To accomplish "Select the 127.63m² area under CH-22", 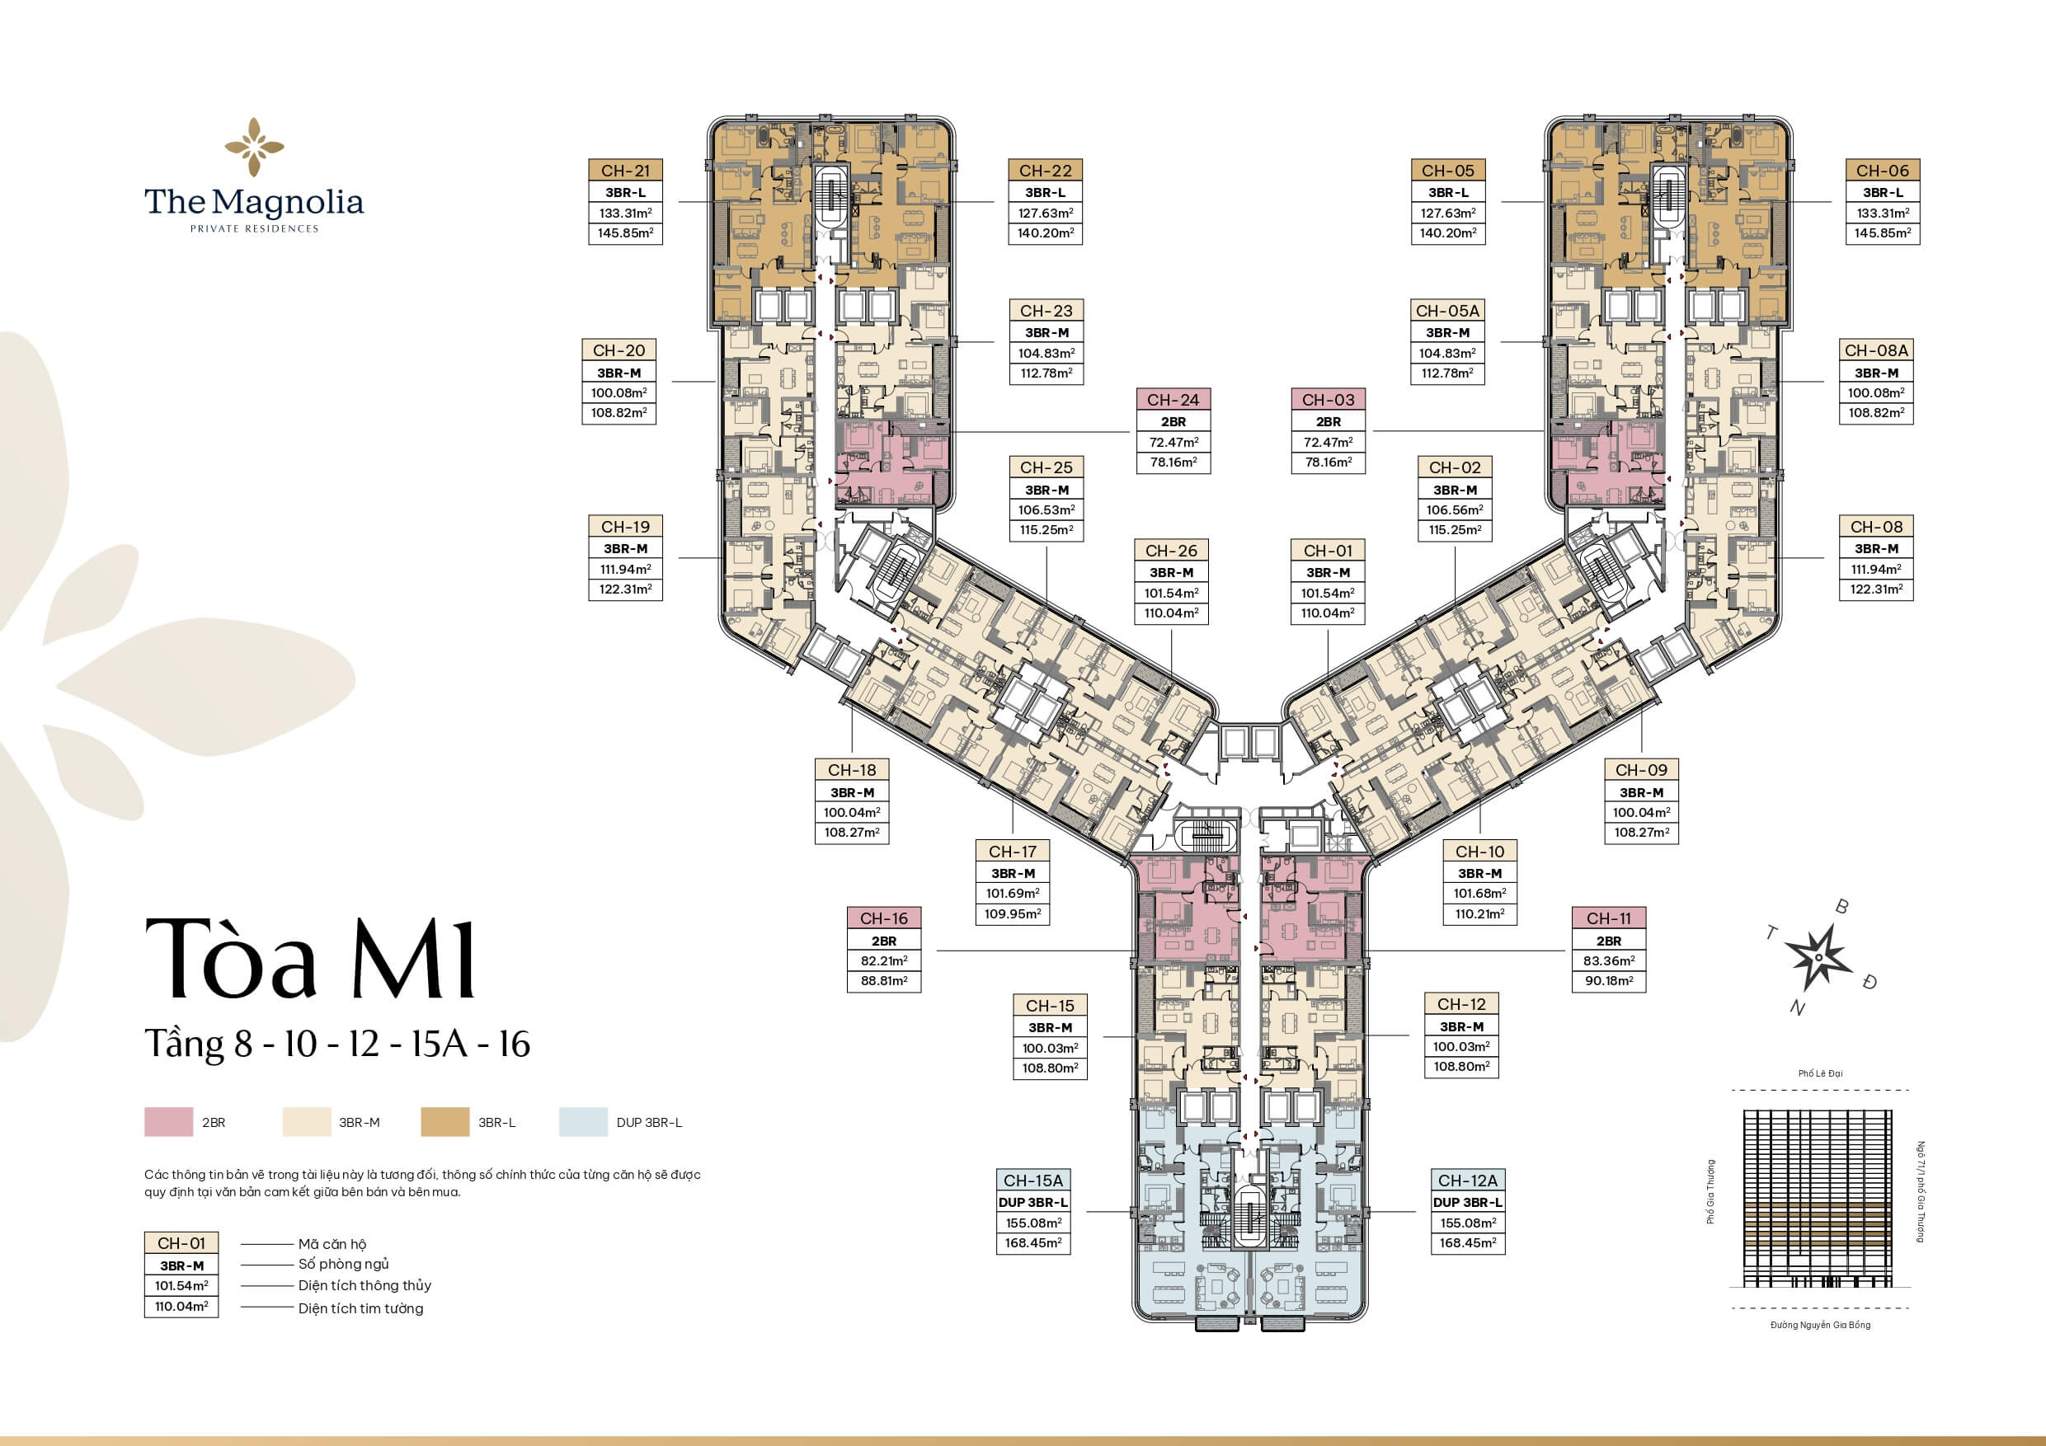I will [x=1046, y=213].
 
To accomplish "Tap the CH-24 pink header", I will [x=1173, y=400].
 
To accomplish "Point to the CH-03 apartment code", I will [x=1328, y=400].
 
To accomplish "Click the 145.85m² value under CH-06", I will [x=1882, y=233].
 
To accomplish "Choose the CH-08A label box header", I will [x=1876, y=350].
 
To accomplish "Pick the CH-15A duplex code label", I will [x=1032, y=1181].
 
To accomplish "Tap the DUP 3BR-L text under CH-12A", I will [x=1467, y=1202].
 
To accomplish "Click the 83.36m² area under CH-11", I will [x=1608, y=960].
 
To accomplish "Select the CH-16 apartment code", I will [x=883, y=918].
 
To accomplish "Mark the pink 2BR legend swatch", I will [x=168, y=1122].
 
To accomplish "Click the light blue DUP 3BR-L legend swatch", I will [x=583, y=1122].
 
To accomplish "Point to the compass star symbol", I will [x=1818, y=958].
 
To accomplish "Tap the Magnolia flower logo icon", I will [x=254, y=146].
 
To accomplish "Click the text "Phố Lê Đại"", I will [x=1820, y=1073].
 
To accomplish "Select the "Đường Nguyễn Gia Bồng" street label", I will [x=1820, y=1325].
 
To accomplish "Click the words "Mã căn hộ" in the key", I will [x=332, y=1244].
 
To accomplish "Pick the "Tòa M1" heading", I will [x=310, y=959].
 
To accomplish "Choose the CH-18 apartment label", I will [x=852, y=770].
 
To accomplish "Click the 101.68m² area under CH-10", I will [x=1479, y=893].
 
